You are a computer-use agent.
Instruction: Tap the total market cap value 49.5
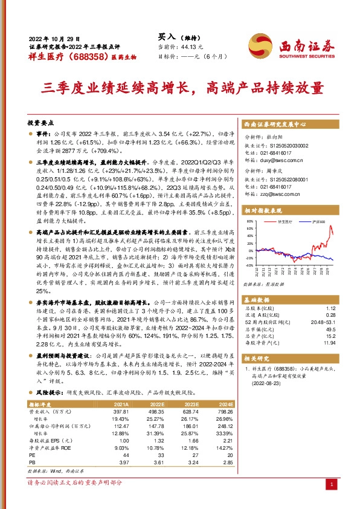[x=330, y=329]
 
